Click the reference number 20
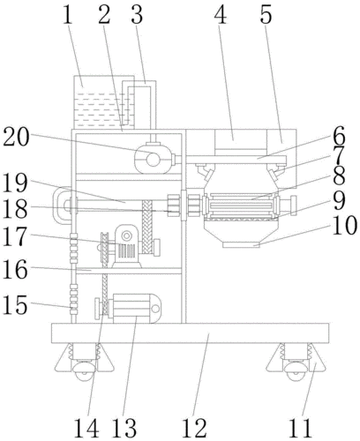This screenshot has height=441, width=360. point(16,138)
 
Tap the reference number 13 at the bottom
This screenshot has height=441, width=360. point(124,429)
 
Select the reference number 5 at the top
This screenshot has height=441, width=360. point(266,15)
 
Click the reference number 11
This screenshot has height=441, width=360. point(300,429)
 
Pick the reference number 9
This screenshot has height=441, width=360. point(339,201)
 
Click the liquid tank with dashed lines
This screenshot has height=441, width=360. point(104,102)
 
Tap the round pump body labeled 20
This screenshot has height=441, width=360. point(153,159)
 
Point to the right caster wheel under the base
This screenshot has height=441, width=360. point(296,371)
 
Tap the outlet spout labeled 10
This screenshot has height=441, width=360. point(241,244)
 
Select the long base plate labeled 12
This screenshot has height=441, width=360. point(190,333)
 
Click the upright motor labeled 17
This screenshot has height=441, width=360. point(126,246)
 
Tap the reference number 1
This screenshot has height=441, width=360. point(67,16)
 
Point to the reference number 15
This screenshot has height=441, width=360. point(15,304)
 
